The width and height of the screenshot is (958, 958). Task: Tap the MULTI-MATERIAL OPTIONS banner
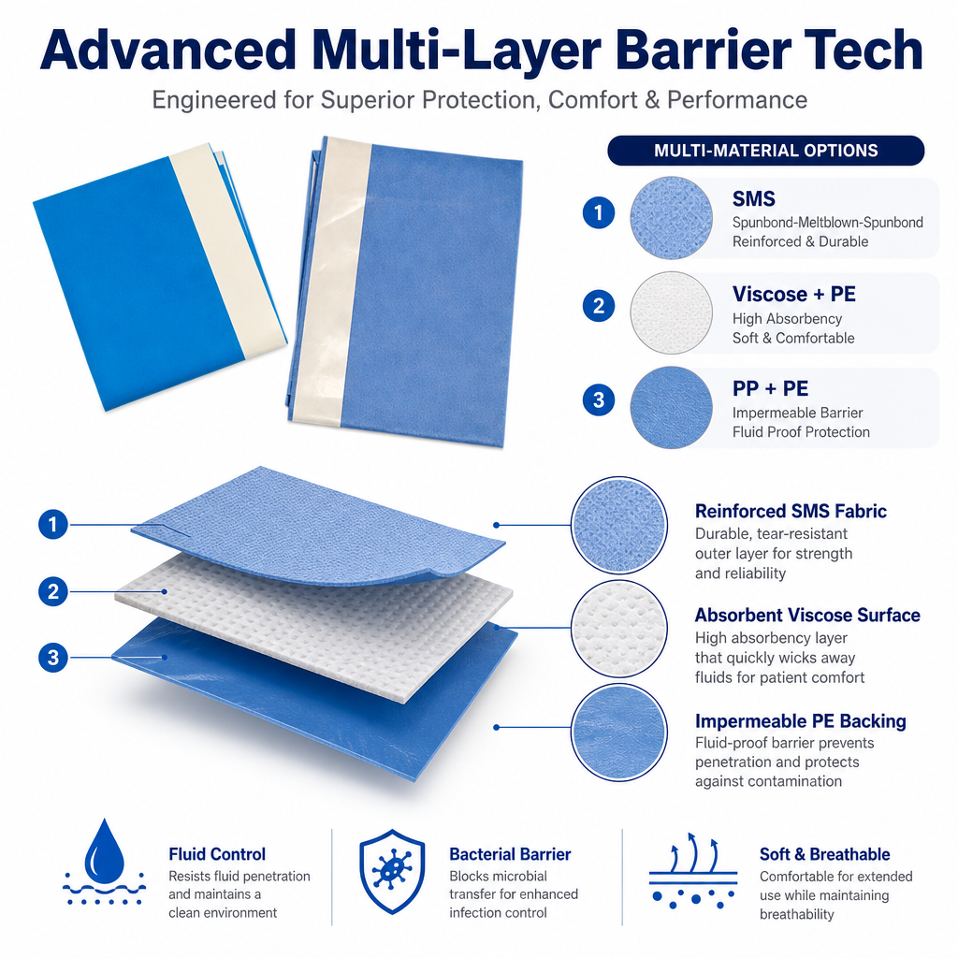click(765, 151)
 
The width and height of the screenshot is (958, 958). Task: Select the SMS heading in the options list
click(754, 198)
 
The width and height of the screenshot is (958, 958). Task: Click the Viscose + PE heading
click(793, 294)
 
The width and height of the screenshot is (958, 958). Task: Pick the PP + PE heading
click(770, 388)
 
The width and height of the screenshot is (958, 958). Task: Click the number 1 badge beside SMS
click(598, 212)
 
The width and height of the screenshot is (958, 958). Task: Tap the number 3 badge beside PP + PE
click(598, 399)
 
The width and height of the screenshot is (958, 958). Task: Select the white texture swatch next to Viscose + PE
click(672, 312)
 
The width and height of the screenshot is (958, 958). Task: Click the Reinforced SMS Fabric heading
click(791, 511)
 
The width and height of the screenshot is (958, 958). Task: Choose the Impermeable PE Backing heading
click(801, 721)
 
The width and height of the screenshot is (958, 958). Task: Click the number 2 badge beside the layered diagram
click(53, 591)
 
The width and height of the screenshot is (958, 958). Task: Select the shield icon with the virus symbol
click(392, 871)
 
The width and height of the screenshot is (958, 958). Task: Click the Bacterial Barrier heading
click(510, 854)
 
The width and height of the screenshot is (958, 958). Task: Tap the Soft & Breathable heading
click(824, 854)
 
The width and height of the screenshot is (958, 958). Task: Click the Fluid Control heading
click(217, 854)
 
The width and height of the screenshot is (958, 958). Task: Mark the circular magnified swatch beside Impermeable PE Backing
click(619, 732)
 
